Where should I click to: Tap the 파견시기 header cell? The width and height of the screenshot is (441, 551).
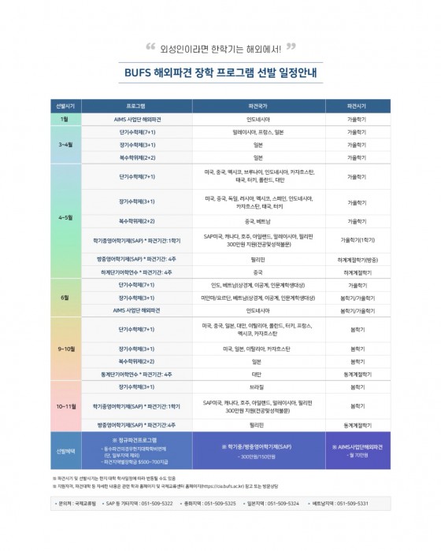(357, 104)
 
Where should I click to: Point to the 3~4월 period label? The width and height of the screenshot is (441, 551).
(65, 146)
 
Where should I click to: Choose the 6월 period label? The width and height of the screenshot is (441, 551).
(65, 298)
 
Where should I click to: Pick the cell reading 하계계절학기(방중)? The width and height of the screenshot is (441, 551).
(357, 258)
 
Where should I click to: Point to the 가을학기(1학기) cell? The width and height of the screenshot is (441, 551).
(357, 239)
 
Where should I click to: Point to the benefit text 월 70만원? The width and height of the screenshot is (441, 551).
(357, 456)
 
